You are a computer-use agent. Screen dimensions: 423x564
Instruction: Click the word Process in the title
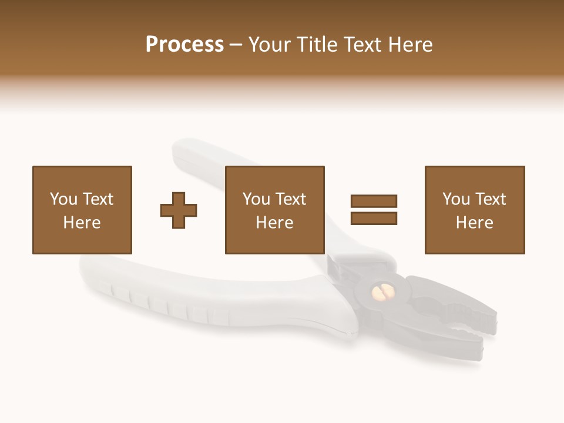pos(184,45)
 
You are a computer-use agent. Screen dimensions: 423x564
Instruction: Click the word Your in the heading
pos(270,45)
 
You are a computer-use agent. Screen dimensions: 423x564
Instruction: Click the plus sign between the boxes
pos(179,210)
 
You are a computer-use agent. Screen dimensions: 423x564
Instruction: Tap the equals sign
pos(374,210)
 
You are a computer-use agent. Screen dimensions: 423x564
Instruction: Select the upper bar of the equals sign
pos(374,202)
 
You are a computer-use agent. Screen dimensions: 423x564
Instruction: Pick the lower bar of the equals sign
pos(374,218)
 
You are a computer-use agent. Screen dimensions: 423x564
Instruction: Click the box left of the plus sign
pos(82,210)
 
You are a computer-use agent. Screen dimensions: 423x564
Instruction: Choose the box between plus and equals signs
pos(274,210)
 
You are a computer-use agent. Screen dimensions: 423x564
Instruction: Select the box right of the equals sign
pos(474,210)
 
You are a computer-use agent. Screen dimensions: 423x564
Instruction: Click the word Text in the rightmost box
pos(490,199)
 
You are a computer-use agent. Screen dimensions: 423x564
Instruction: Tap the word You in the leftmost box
pos(63,199)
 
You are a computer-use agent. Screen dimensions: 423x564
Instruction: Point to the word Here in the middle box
pos(274,223)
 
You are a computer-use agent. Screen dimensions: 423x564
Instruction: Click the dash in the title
pos(236,45)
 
